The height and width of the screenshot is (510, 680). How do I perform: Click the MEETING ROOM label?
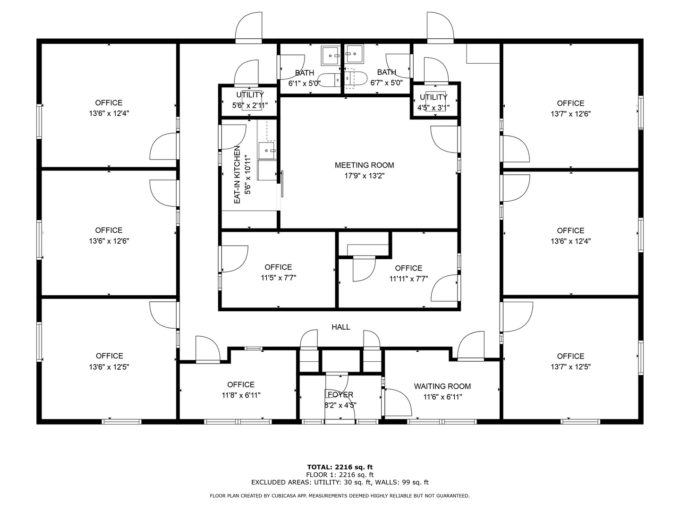(x=364, y=165)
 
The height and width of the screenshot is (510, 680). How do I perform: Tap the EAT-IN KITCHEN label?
(x=238, y=175)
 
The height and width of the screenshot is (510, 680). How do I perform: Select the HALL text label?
(x=340, y=327)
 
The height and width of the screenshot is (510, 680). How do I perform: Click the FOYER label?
(x=340, y=395)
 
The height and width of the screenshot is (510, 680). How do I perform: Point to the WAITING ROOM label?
(x=442, y=386)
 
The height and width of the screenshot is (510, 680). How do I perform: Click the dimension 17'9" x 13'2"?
(x=364, y=176)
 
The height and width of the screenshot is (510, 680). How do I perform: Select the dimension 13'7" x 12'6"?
(x=570, y=114)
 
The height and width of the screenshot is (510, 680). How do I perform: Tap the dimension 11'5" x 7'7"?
(x=278, y=278)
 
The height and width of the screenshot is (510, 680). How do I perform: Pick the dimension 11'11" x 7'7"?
(x=408, y=279)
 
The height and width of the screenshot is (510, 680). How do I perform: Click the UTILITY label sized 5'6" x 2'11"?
(x=250, y=95)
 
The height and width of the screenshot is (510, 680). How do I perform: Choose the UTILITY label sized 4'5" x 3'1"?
(x=433, y=97)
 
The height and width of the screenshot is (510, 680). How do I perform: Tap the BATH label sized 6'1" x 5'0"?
(x=305, y=73)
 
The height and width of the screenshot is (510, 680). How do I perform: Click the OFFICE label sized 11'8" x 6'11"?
(x=241, y=385)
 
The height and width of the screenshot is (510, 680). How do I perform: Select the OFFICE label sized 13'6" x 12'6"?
(x=109, y=230)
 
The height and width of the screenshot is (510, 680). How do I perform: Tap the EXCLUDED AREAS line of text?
(x=340, y=482)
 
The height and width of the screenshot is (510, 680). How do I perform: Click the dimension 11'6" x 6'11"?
(x=442, y=397)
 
